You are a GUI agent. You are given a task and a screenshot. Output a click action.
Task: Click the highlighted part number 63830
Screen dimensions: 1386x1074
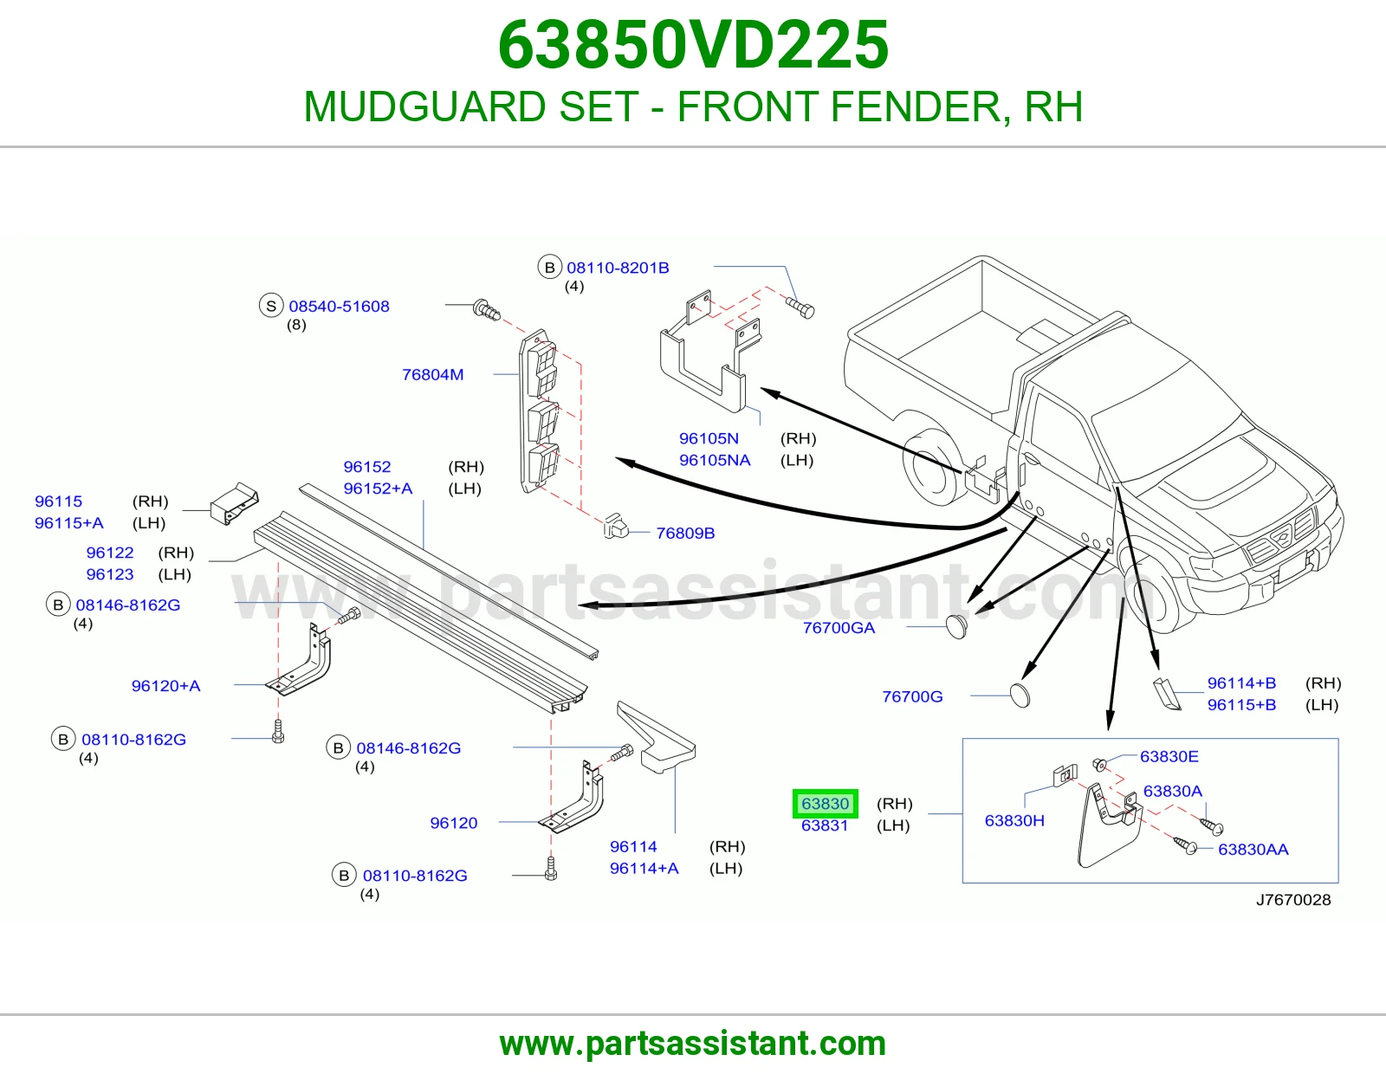click(x=826, y=804)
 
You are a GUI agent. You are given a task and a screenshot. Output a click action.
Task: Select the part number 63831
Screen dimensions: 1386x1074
click(x=825, y=825)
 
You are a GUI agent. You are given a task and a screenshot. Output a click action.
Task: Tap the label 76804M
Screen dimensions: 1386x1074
click(x=432, y=374)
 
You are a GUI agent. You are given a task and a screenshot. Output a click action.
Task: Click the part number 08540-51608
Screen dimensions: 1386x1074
click(x=339, y=306)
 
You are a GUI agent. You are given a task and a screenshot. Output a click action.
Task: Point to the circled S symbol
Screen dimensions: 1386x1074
click(x=271, y=306)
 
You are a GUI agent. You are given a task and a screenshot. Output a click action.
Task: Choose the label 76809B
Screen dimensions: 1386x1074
click(x=685, y=534)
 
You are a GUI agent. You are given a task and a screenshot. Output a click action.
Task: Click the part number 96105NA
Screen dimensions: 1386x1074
click(x=715, y=461)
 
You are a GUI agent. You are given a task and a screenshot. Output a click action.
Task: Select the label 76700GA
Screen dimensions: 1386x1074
click(x=839, y=628)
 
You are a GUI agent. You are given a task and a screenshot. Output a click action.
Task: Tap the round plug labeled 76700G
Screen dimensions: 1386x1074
click(x=1020, y=696)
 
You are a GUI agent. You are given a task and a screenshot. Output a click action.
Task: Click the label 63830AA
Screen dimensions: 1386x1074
click(x=1253, y=850)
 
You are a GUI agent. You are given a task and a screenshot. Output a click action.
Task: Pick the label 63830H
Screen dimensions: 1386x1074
click(x=1014, y=820)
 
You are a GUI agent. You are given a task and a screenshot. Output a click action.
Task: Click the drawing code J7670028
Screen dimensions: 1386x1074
click(x=1293, y=900)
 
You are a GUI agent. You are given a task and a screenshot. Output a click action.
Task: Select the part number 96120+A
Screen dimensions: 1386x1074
click(x=165, y=686)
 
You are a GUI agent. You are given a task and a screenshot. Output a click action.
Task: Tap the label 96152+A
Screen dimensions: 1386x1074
click(x=378, y=488)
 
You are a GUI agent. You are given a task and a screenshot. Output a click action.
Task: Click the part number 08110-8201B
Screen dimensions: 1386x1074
click(x=618, y=268)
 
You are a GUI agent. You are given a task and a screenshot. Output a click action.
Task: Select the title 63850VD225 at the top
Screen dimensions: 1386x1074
click(x=693, y=45)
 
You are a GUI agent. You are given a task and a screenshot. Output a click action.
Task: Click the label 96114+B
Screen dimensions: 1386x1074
click(x=1241, y=683)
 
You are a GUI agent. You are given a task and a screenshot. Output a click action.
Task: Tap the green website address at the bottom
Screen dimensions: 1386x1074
click(x=693, y=1044)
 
